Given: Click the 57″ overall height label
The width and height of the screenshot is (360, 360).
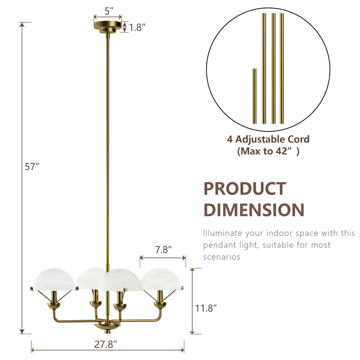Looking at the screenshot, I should (x=32, y=167).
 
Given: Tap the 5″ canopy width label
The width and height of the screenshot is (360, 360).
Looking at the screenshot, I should (x=107, y=11).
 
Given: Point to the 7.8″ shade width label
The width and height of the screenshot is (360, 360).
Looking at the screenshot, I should (x=163, y=250).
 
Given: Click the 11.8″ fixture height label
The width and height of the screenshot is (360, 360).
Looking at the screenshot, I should (x=206, y=308).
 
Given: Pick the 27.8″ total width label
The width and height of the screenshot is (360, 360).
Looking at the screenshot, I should (x=106, y=344).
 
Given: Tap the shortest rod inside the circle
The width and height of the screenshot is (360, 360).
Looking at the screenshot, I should (x=254, y=96).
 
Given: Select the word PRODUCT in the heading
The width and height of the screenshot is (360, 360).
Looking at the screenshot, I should (x=245, y=189).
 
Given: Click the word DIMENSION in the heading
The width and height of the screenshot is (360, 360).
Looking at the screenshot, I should (x=254, y=210).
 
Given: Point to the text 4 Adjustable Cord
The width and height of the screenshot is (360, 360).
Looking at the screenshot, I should (x=268, y=139).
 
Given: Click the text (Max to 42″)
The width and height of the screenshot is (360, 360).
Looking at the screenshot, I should (x=268, y=151).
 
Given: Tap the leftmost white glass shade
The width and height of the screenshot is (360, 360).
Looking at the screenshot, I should (x=54, y=279).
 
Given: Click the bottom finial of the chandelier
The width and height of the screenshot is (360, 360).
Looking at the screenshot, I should (x=107, y=331).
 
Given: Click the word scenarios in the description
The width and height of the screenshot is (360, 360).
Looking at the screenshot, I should (x=221, y=257).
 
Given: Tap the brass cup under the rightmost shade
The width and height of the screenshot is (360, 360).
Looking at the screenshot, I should (x=160, y=305).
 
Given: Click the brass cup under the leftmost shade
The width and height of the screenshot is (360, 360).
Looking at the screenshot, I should (x=54, y=305).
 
